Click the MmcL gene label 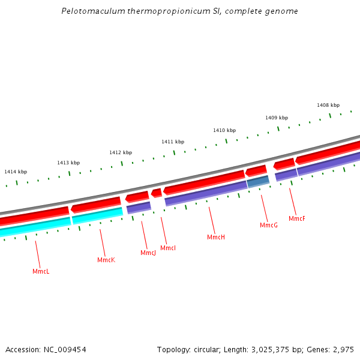(41, 272)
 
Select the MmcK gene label (106, 260)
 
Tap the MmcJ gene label (148, 253)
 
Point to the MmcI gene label (168, 248)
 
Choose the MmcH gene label (216, 238)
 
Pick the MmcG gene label (269, 226)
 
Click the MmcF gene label (297, 219)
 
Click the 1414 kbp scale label (16, 172)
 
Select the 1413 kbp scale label (68, 163)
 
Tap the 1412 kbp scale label (121, 153)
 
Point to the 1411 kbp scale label (173, 142)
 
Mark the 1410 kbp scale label (224, 130)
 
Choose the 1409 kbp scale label (277, 118)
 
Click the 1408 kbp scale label (328, 106)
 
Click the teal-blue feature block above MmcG (258, 181)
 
